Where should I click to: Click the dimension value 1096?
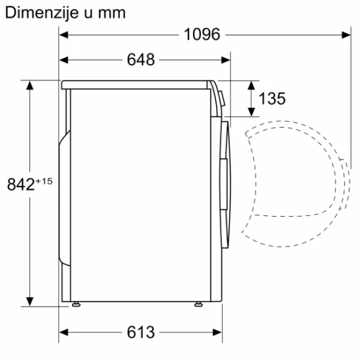click(x=202, y=35)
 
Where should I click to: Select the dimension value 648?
click(x=141, y=59)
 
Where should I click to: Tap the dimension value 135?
click(x=272, y=98)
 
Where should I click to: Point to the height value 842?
click(x=20, y=185)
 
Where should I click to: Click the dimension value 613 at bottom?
click(x=141, y=332)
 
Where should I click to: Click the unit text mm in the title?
click(x=112, y=12)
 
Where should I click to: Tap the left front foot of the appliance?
click(x=75, y=305)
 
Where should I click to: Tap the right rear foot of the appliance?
click(x=198, y=305)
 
